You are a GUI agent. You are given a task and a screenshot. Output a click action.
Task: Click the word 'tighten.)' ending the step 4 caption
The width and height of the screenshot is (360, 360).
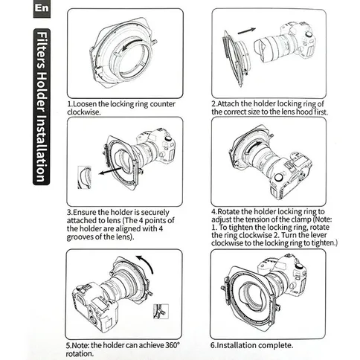pos(320,243)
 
